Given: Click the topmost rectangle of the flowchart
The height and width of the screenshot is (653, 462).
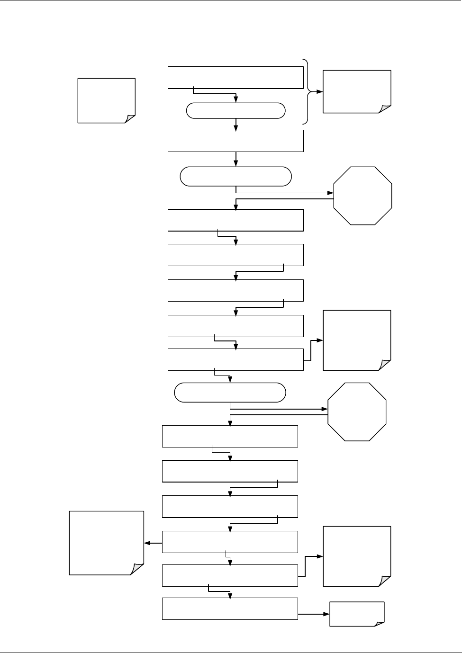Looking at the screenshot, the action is (x=236, y=77).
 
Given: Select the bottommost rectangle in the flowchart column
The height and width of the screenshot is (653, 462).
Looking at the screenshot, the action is (x=230, y=608).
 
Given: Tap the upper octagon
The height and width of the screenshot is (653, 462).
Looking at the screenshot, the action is (x=363, y=196).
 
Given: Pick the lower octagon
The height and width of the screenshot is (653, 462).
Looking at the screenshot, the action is (x=357, y=412).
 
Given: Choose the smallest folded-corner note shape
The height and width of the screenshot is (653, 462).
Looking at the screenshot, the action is (x=357, y=614).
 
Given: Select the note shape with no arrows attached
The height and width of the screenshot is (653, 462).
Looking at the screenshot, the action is (x=106, y=101).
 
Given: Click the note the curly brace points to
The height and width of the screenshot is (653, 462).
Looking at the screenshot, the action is (x=357, y=91).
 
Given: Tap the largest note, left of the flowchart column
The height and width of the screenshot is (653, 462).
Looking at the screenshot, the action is (x=106, y=543).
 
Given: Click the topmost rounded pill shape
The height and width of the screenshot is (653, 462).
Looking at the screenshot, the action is (x=236, y=111).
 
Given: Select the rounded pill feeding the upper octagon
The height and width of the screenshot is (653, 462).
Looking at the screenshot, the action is (x=236, y=176).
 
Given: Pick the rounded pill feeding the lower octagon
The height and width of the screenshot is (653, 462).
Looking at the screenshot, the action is (x=230, y=393).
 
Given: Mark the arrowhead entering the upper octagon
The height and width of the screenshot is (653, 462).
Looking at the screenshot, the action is (x=331, y=193).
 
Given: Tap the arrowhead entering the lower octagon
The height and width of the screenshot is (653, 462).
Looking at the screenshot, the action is (x=325, y=409).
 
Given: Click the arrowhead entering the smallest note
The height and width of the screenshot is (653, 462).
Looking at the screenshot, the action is (x=326, y=614).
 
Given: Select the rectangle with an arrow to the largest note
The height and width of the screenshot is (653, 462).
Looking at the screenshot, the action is (x=230, y=542).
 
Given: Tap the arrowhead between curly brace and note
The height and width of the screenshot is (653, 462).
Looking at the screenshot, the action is (x=320, y=91).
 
